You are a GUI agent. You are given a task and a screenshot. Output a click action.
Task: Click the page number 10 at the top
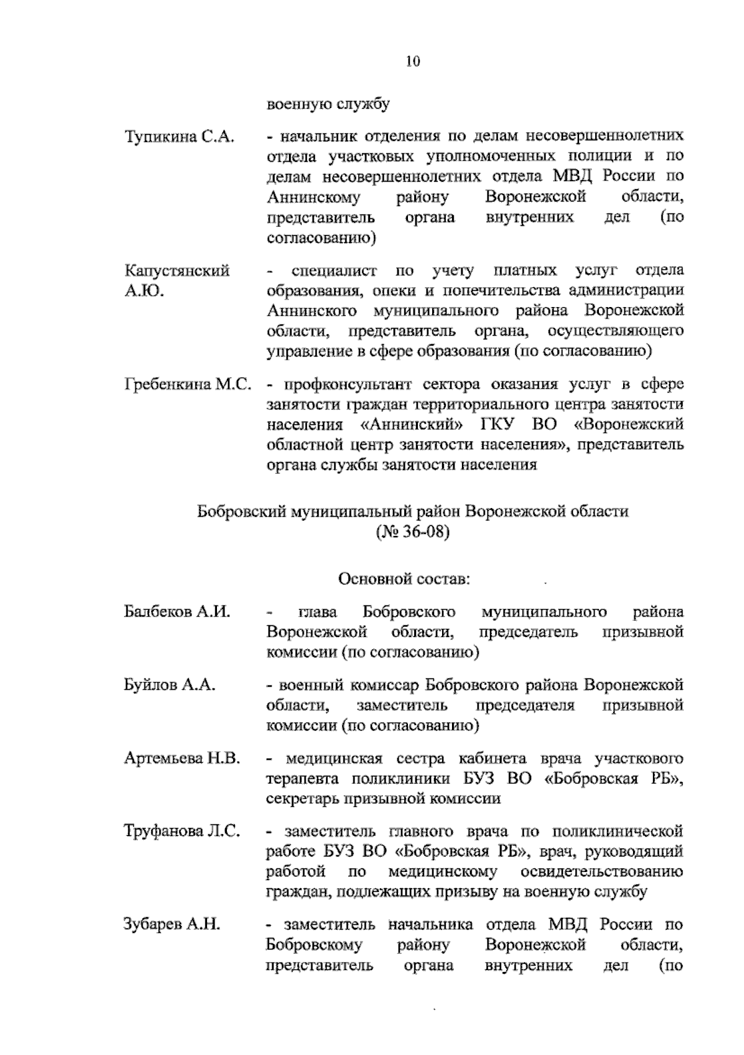413,61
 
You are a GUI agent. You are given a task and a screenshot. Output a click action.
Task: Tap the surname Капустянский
177,271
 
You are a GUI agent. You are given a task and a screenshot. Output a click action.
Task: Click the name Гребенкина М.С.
188,385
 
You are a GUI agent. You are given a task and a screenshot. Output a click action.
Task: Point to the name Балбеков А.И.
177,612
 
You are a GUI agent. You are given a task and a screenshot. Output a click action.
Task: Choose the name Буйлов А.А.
169,685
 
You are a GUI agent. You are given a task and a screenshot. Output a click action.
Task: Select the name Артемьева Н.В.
182,758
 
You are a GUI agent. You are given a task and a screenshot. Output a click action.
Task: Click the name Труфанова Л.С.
182,831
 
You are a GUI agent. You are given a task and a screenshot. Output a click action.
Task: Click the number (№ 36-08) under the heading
412,532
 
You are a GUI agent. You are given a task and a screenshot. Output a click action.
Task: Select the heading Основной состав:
404,579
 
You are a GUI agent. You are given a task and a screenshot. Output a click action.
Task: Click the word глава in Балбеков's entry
317,613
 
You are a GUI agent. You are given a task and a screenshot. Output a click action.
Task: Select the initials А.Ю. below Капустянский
144,291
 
